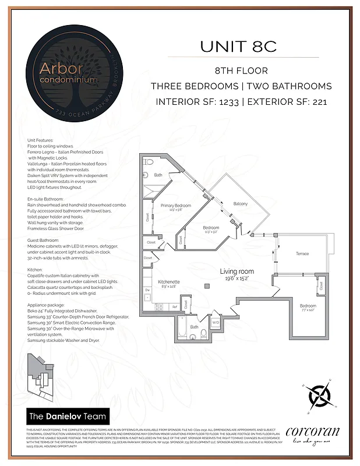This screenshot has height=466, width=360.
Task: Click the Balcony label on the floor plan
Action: coord(241,204)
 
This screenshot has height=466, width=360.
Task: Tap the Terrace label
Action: coord(302,254)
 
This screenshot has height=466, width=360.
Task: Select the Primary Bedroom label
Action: coord(176,206)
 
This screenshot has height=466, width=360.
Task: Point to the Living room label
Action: coord(237,271)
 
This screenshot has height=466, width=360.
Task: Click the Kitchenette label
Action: coord(168,281)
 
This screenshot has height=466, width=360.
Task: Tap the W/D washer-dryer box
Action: coord(215,322)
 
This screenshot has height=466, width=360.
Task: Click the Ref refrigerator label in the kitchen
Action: coord(174,306)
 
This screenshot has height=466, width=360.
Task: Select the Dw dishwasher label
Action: coord(147,290)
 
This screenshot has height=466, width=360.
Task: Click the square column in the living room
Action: coord(207,285)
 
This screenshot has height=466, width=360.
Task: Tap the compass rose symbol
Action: coord(319,398)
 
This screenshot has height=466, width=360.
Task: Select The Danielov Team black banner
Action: coord(68,416)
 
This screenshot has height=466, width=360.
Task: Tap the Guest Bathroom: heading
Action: coord(45,241)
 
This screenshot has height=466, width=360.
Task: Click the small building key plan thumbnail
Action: coord(41,373)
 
